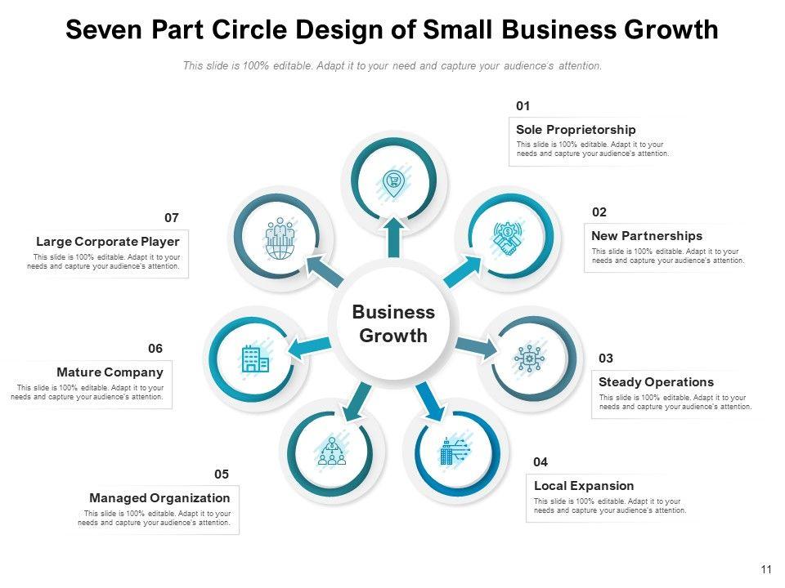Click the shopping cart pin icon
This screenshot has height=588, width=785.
click(x=393, y=181)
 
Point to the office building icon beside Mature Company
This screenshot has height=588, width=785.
click(x=255, y=359)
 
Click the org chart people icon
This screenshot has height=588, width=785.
click(x=331, y=451)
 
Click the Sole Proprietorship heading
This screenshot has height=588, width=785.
click(x=576, y=130)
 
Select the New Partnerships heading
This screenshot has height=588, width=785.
click(x=647, y=236)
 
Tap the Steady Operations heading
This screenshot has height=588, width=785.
click(x=656, y=382)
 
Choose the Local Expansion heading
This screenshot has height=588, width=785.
click(x=584, y=486)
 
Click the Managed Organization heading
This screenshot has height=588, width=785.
click(x=159, y=498)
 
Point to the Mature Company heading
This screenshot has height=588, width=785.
click(x=110, y=372)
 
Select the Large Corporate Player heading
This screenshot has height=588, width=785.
click(x=108, y=242)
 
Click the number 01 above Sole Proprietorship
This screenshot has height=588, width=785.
click(x=523, y=106)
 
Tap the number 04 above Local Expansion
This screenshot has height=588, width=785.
click(x=541, y=462)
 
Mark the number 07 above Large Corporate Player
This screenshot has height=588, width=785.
click(x=171, y=218)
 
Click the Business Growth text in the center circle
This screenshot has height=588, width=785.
click(x=393, y=324)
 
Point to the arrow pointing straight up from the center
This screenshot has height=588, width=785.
click(x=394, y=237)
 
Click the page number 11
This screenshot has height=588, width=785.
click(x=766, y=570)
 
